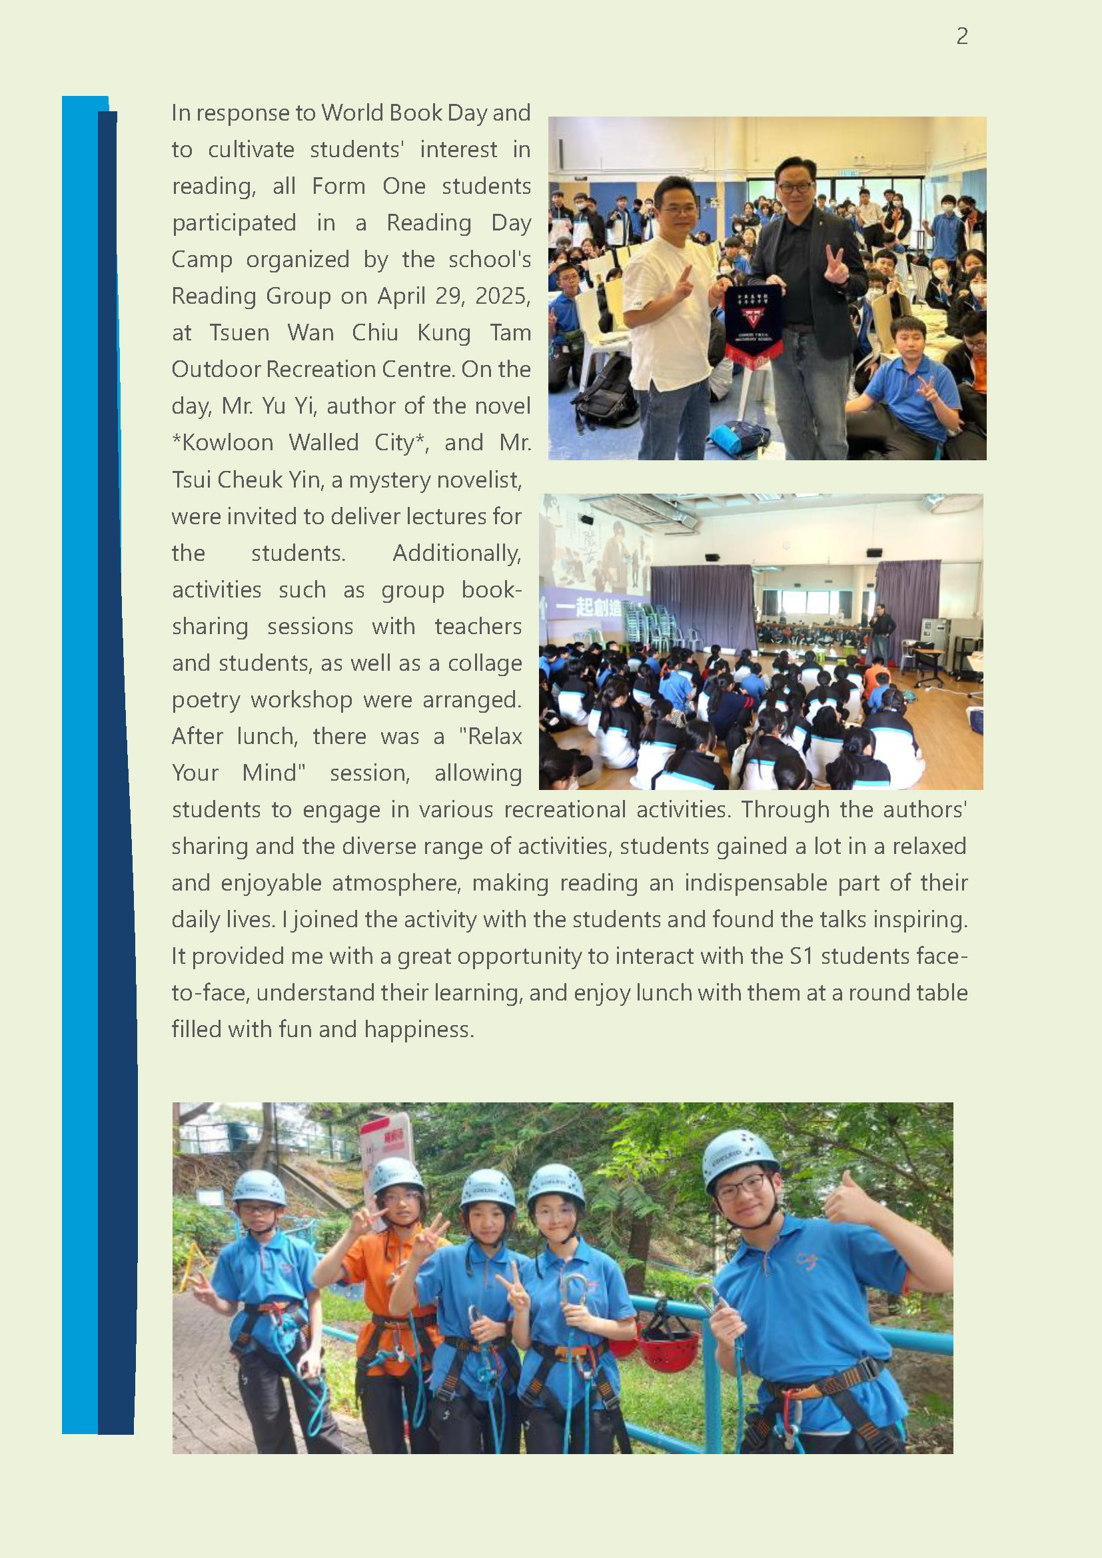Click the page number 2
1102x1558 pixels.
[961, 36]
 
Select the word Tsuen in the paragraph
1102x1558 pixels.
[239, 332]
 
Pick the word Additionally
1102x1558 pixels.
[456, 553]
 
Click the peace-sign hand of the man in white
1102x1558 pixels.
[684, 283]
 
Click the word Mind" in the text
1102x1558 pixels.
[273, 773]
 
